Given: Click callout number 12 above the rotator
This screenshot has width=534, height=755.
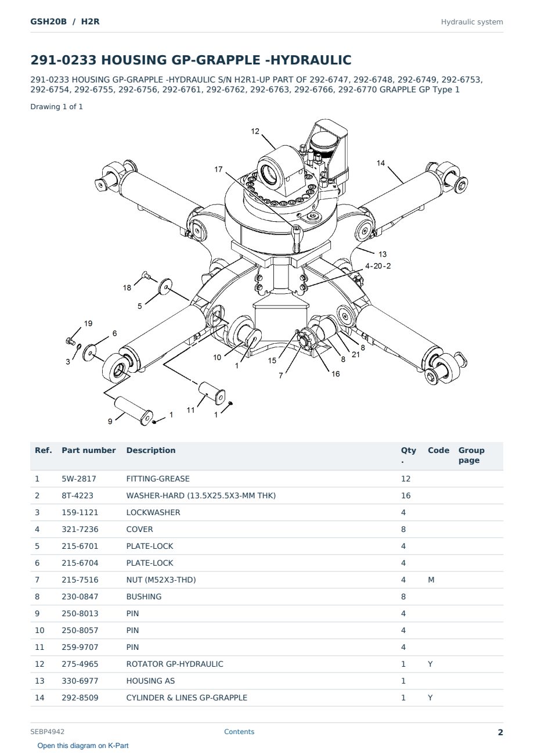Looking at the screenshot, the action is [x=255, y=131].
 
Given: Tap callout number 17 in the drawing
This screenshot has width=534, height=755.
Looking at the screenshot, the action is [x=218, y=169].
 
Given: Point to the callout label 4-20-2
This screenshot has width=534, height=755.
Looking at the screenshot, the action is [x=378, y=266].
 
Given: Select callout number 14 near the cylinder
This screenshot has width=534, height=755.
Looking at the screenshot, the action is [x=381, y=163].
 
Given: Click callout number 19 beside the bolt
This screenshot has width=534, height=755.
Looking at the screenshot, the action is [x=88, y=323].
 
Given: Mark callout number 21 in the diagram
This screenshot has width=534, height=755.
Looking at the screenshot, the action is [x=356, y=355].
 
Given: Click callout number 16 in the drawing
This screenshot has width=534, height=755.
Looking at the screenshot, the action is [x=335, y=374].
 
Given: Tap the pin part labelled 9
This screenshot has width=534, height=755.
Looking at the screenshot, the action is [x=133, y=411].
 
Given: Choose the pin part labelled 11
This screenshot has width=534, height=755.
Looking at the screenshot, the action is [x=212, y=393].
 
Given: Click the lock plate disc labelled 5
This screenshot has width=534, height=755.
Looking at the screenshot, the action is [x=165, y=286].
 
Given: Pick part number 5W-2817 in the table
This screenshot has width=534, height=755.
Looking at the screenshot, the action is [x=79, y=479].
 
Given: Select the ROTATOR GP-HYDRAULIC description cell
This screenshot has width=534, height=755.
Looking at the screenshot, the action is [x=175, y=664].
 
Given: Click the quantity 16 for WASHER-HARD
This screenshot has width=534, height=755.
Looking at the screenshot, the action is [x=406, y=495].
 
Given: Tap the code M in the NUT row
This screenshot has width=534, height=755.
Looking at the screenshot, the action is [x=431, y=580].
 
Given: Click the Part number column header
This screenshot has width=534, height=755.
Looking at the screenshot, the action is [x=89, y=450].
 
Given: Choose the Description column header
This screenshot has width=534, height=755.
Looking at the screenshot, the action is [x=151, y=450].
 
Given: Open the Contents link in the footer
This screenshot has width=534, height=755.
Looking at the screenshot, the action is [x=239, y=732].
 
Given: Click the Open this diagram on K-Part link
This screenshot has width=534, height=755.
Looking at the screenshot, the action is [x=83, y=746].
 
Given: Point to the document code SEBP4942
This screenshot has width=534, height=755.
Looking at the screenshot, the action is [x=47, y=732].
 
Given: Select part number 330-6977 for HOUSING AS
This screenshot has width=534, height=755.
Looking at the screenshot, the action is [x=80, y=681].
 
